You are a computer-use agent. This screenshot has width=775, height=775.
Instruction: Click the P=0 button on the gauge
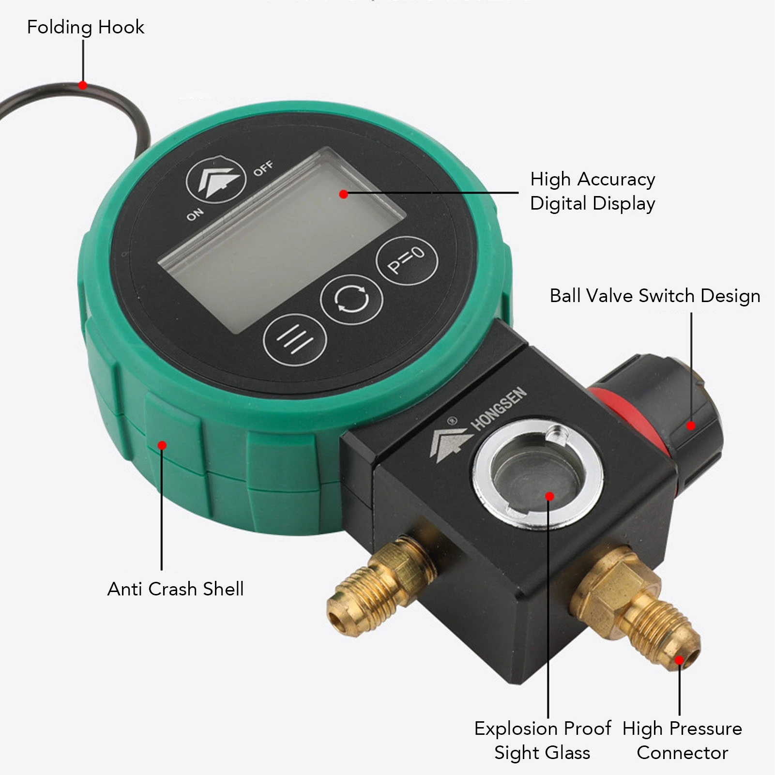pyautogui.click(x=407, y=260)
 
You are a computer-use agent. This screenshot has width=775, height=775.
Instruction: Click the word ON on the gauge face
pyautogui.click(x=195, y=213)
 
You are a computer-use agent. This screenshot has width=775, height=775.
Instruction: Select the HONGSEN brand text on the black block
pyautogui.click(x=499, y=409)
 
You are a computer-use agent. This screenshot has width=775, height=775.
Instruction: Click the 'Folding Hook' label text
pyautogui.click(x=86, y=27)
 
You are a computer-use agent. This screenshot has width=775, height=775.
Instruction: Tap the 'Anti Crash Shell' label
pyautogui.click(x=175, y=589)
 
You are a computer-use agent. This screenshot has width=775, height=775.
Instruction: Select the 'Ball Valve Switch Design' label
pyautogui.click(x=654, y=295)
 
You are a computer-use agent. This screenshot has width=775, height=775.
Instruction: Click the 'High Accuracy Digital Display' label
pyautogui.click(x=593, y=191)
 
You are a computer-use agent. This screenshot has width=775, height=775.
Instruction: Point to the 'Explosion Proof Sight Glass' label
pyautogui.click(x=543, y=740)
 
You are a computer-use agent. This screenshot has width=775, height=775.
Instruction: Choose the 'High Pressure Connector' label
pyautogui.click(x=682, y=740)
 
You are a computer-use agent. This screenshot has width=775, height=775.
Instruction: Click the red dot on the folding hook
pyautogui.click(x=83, y=86)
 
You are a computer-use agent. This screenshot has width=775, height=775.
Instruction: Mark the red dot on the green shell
pyautogui.click(x=163, y=445)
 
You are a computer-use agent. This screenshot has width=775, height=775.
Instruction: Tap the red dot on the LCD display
pyautogui.click(x=344, y=194)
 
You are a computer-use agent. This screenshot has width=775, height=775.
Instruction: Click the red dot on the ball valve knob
pyautogui.click(x=691, y=425)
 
